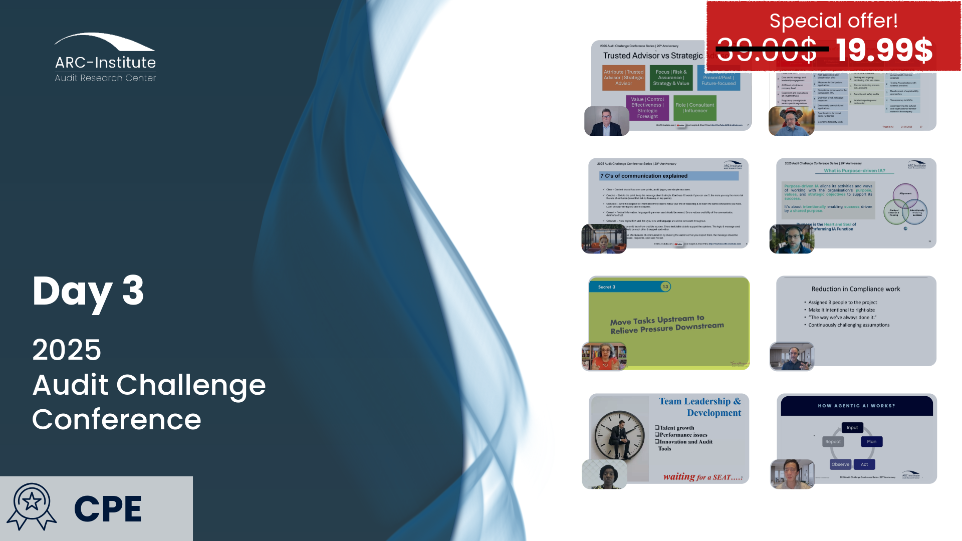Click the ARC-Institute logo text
click(x=105, y=63)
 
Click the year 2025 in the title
click(x=67, y=350)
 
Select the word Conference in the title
click(x=117, y=420)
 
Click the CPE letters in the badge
click(x=108, y=509)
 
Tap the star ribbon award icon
click(x=32, y=506)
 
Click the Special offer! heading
click(x=833, y=21)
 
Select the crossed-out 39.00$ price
click(x=767, y=50)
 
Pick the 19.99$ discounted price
click(x=884, y=50)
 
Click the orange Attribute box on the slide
click(x=623, y=78)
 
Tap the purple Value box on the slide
click(x=647, y=108)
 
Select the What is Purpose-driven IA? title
click(x=854, y=171)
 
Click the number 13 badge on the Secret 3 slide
click(x=665, y=287)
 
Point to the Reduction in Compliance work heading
click(x=855, y=289)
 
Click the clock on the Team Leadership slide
click(x=620, y=435)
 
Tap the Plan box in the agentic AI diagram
click(x=871, y=441)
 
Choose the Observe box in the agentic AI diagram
click(x=840, y=464)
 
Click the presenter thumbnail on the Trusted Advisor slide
click(x=606, y=121)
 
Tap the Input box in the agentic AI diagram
click(x=852, y=427)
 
